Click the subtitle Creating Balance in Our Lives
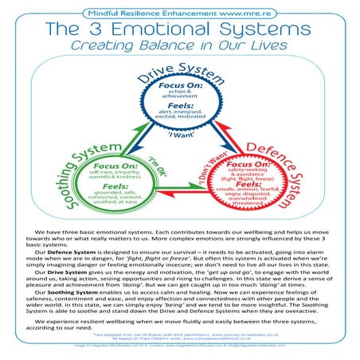click(x=179, y=46)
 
